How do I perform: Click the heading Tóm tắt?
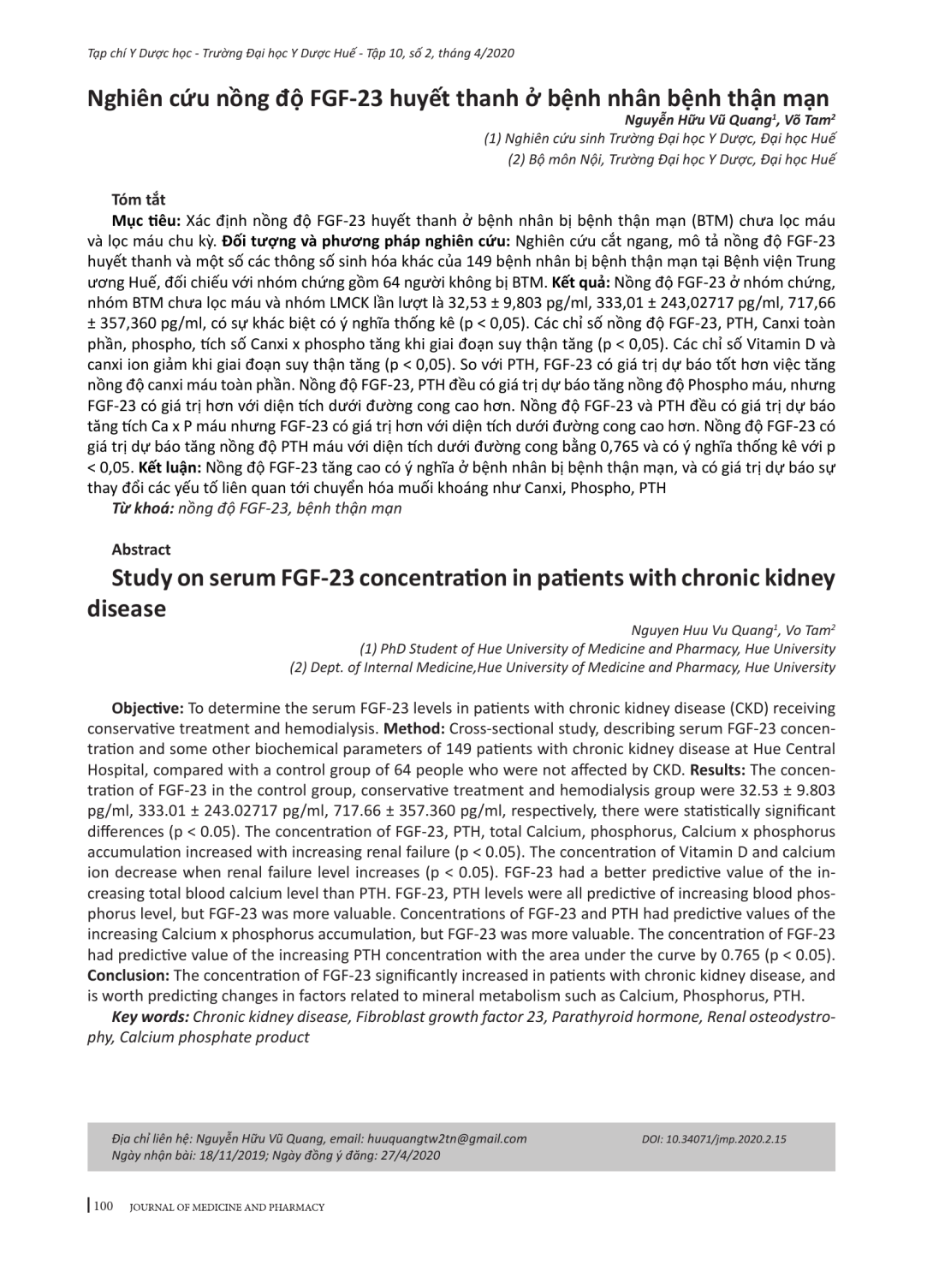click(138, 200)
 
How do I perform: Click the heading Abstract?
click(141, 549)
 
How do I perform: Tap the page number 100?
click(103, 1207)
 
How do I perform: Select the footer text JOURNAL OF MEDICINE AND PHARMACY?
click(227, 1208)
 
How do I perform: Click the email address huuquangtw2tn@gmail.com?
click(446, 1139)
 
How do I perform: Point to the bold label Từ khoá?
click(143, 508)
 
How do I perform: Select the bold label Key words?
click(151, 1017)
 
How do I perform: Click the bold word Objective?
click(147, 709)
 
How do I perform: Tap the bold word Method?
click(414, 729)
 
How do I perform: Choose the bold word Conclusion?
click(128, 976)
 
